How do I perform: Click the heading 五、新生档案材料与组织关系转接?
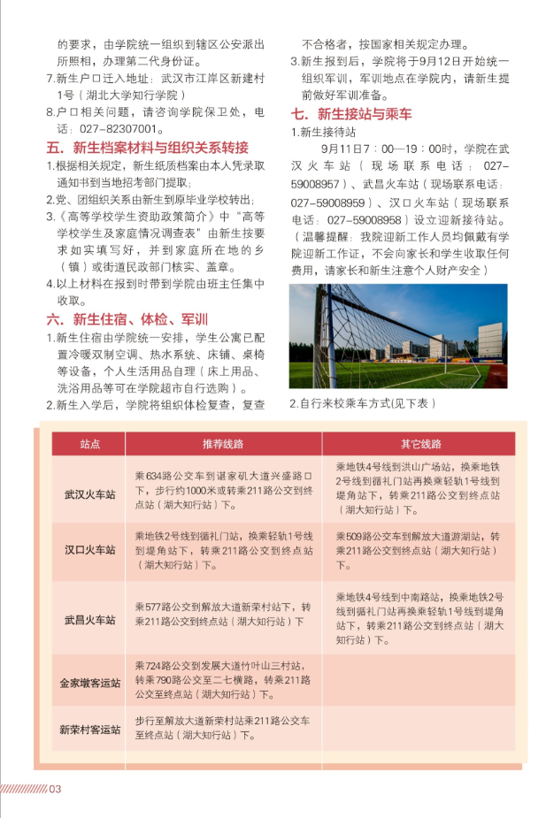pyautogui.click(x=147, y=147)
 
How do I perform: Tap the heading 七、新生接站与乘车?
pyautogui.click(x=351, y=113)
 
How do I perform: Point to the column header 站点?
pyautogui.click(x=89, y=444)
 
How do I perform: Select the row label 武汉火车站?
pyautogui.click(x=89, y=493)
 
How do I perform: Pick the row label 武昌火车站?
pyautogui.click(x=89, y=619)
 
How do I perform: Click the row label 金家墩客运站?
pyautogui.click(x=89, y=683)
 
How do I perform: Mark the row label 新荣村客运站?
pyautogui.click(x=89, y=730)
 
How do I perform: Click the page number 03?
pyautogui.click(x=53, y=789)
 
